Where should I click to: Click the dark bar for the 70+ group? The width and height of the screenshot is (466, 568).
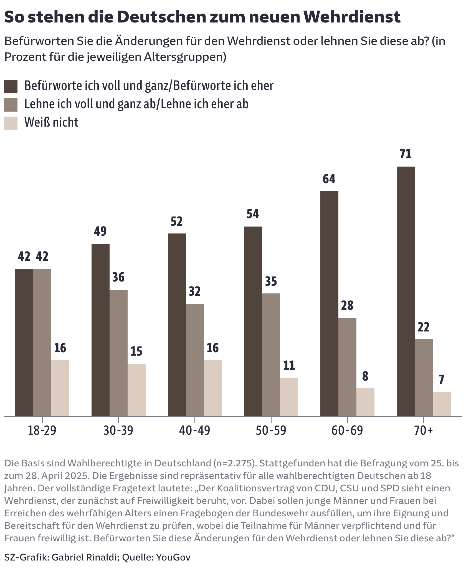(x=406, y=291)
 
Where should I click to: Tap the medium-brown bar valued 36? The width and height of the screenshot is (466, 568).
(x=118, y=353)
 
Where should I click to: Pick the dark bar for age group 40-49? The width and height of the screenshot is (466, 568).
(x=177, y=325)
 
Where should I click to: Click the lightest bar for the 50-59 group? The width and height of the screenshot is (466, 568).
(x=289, y=397)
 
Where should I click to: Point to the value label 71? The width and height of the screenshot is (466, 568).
(x=406, y=154)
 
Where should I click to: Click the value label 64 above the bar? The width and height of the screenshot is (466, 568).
(x=329, y=179)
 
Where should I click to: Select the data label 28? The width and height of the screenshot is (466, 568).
(x=347, y=305)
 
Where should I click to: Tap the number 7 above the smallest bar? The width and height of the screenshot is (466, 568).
(x=442, y=379)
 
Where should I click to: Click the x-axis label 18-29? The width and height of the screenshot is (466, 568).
(x=42, y=431)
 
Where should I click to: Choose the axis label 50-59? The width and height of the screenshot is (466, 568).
(x=271, y=431)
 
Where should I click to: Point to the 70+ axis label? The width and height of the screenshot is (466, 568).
(x=424, y=431)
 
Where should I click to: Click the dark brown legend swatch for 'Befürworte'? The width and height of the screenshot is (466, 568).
(x=11, y=86)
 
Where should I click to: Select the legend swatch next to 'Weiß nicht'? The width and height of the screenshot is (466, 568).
(x=11, y=123)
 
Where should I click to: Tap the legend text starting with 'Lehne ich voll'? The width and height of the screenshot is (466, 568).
(x=136, y=104)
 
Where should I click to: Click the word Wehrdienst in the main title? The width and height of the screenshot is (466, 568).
(x=352, y=17)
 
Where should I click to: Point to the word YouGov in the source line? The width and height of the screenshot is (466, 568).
(x=173, y=557)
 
